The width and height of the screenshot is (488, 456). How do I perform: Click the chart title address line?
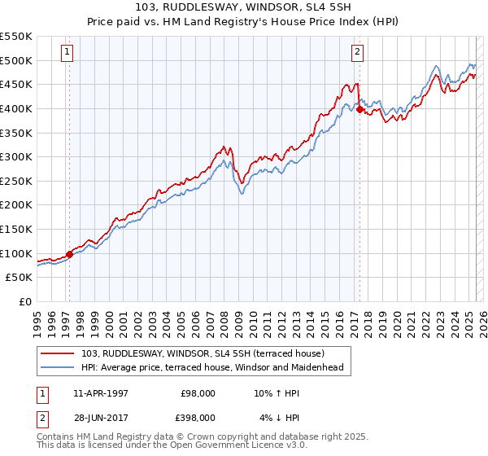coord(243,8)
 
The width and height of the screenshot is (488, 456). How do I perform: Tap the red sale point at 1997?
coord(69,254)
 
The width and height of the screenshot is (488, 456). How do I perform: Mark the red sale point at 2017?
coord(359,109)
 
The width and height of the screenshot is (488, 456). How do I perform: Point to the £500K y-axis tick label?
coord(16,60)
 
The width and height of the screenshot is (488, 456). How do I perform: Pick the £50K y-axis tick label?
coord(20,278)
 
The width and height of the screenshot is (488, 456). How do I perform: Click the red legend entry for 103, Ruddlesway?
coord(203,353)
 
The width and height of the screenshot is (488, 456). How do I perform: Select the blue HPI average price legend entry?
coord(212,367)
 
